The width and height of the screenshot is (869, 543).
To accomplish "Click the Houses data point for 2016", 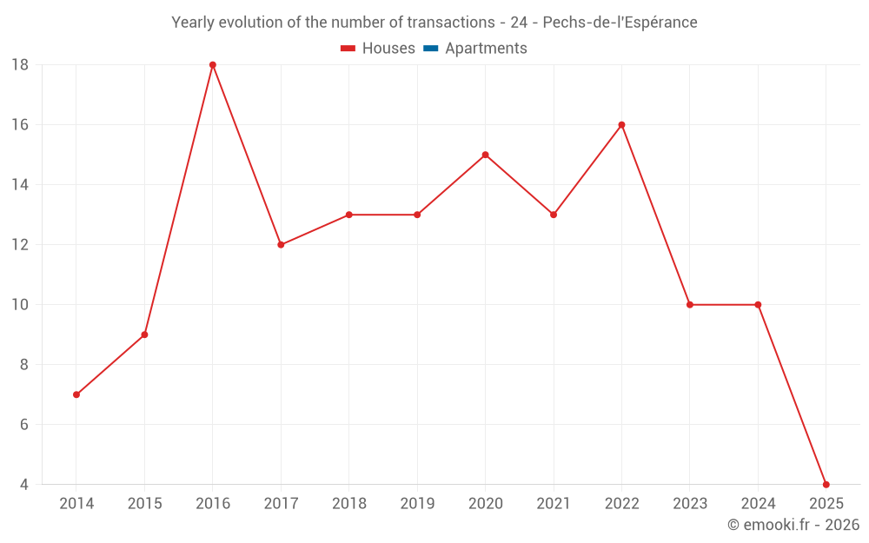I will [213, 65].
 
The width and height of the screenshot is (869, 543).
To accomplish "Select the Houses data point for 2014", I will [76, 394].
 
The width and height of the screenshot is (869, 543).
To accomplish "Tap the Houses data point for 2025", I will [826, 484].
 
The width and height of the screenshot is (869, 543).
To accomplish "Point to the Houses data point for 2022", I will [621, 125].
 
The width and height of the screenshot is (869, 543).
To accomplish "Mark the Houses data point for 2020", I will [485, 155].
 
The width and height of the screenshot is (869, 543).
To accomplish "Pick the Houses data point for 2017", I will [281, 245].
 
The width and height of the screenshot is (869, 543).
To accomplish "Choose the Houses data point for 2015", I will [144, 334].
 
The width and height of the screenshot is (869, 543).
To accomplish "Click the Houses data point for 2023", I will [690, 305].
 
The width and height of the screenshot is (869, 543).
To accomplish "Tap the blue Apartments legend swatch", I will [430, 49].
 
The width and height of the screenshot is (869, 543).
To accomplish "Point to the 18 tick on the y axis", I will [20, 65].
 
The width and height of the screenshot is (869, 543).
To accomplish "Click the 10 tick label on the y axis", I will [20, 305].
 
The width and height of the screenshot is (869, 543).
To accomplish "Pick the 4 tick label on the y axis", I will [23, 484].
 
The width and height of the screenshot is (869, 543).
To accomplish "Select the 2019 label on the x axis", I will [417, 504].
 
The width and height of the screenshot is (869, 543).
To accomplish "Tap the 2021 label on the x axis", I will [554, 504].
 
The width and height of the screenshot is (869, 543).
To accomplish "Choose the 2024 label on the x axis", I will [758, 504].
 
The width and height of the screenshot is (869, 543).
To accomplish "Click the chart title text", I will [434, 23].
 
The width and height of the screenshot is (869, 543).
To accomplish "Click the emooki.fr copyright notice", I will [793, 525].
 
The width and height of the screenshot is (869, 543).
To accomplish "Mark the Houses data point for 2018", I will [348, 215].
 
